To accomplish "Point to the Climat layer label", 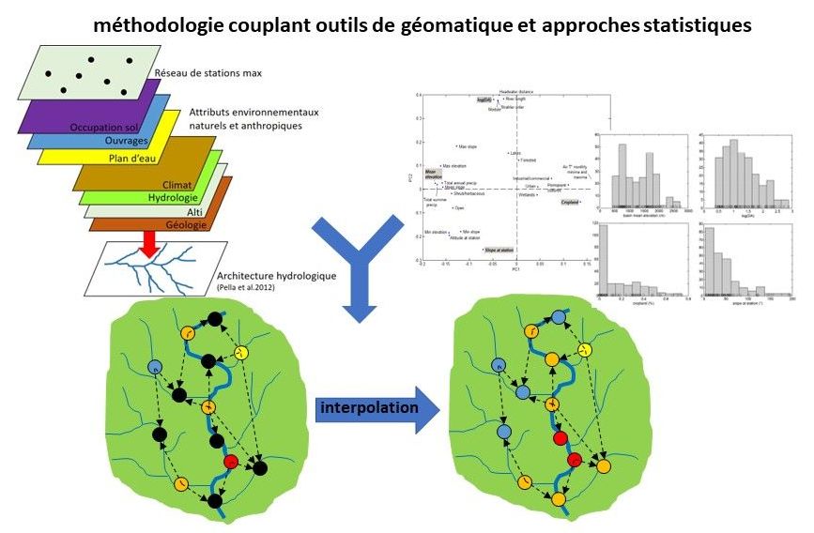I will (177, 184).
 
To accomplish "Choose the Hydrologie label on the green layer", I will (172, 198).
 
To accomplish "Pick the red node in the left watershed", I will (231, 462).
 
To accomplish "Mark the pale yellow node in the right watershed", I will (584, 350).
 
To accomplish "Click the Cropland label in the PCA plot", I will (570, 201).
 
